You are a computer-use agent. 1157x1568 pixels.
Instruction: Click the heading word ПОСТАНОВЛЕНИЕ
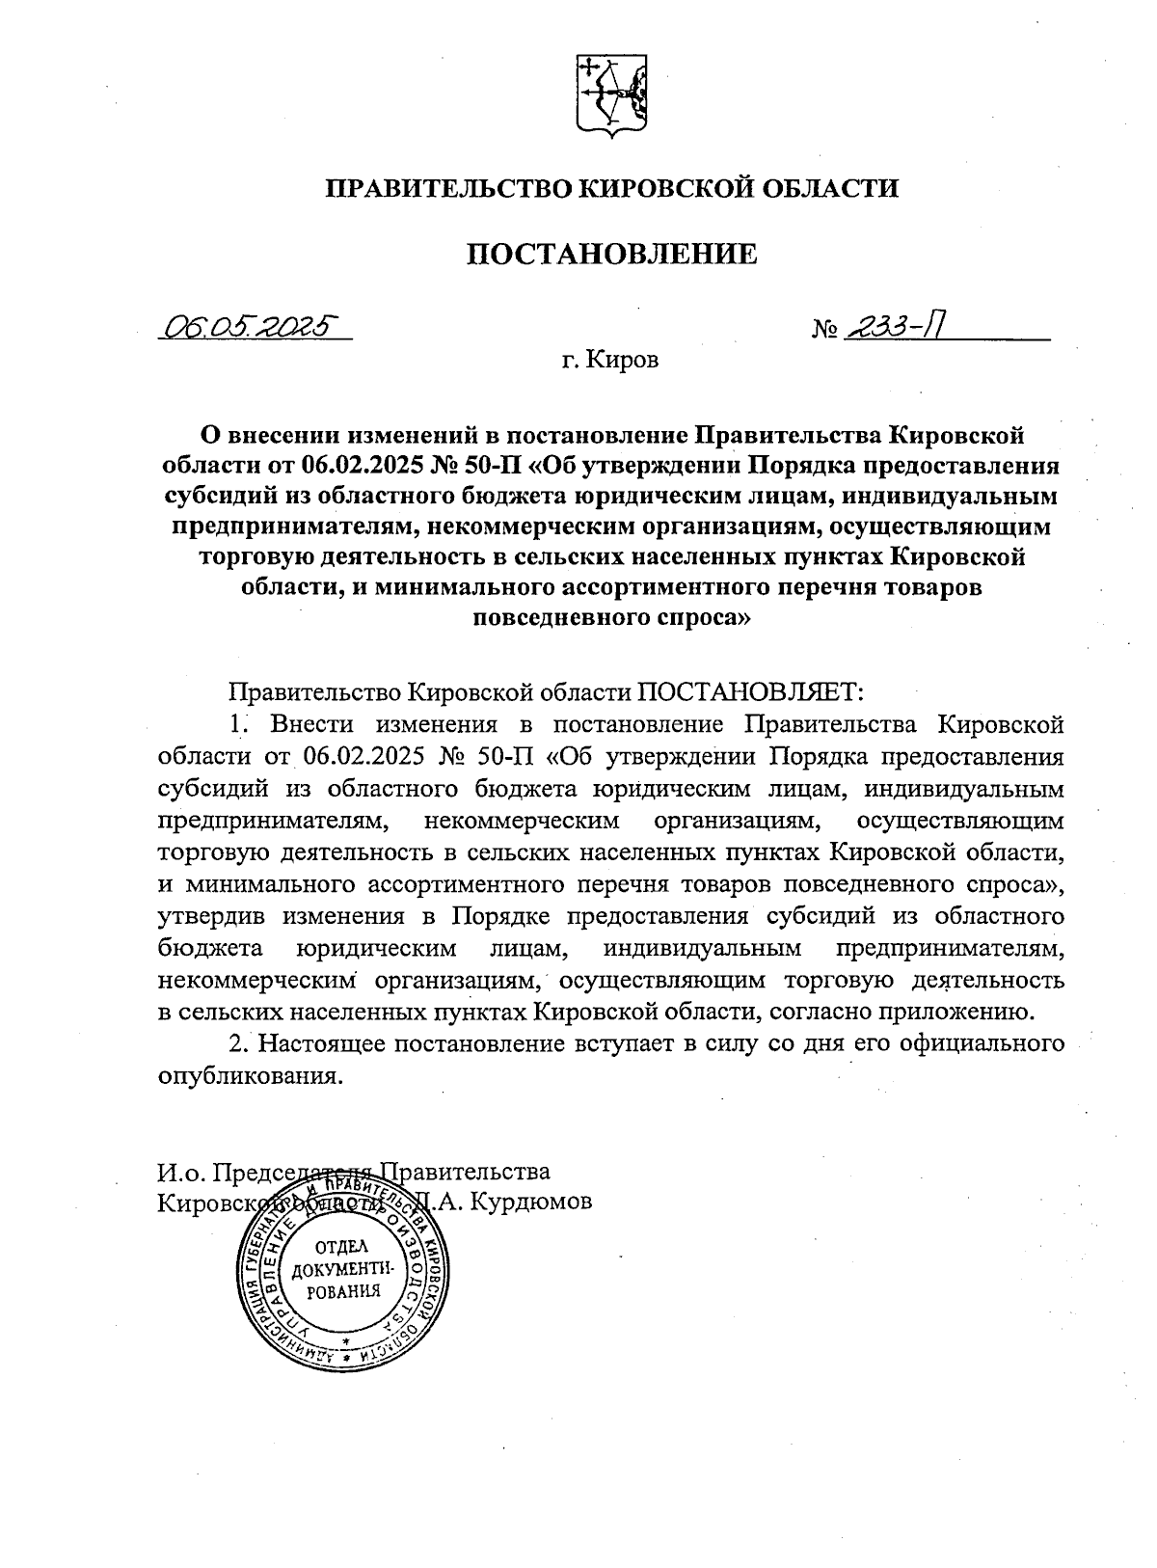click(611, 254)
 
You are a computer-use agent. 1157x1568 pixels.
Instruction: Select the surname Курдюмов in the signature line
click(534, 1203)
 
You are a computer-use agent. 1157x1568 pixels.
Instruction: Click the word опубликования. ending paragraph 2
click(250, 1075)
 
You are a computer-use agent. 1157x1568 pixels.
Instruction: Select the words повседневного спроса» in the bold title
click(610, 620)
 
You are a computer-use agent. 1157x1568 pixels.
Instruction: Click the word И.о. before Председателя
click(180, 1172)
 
